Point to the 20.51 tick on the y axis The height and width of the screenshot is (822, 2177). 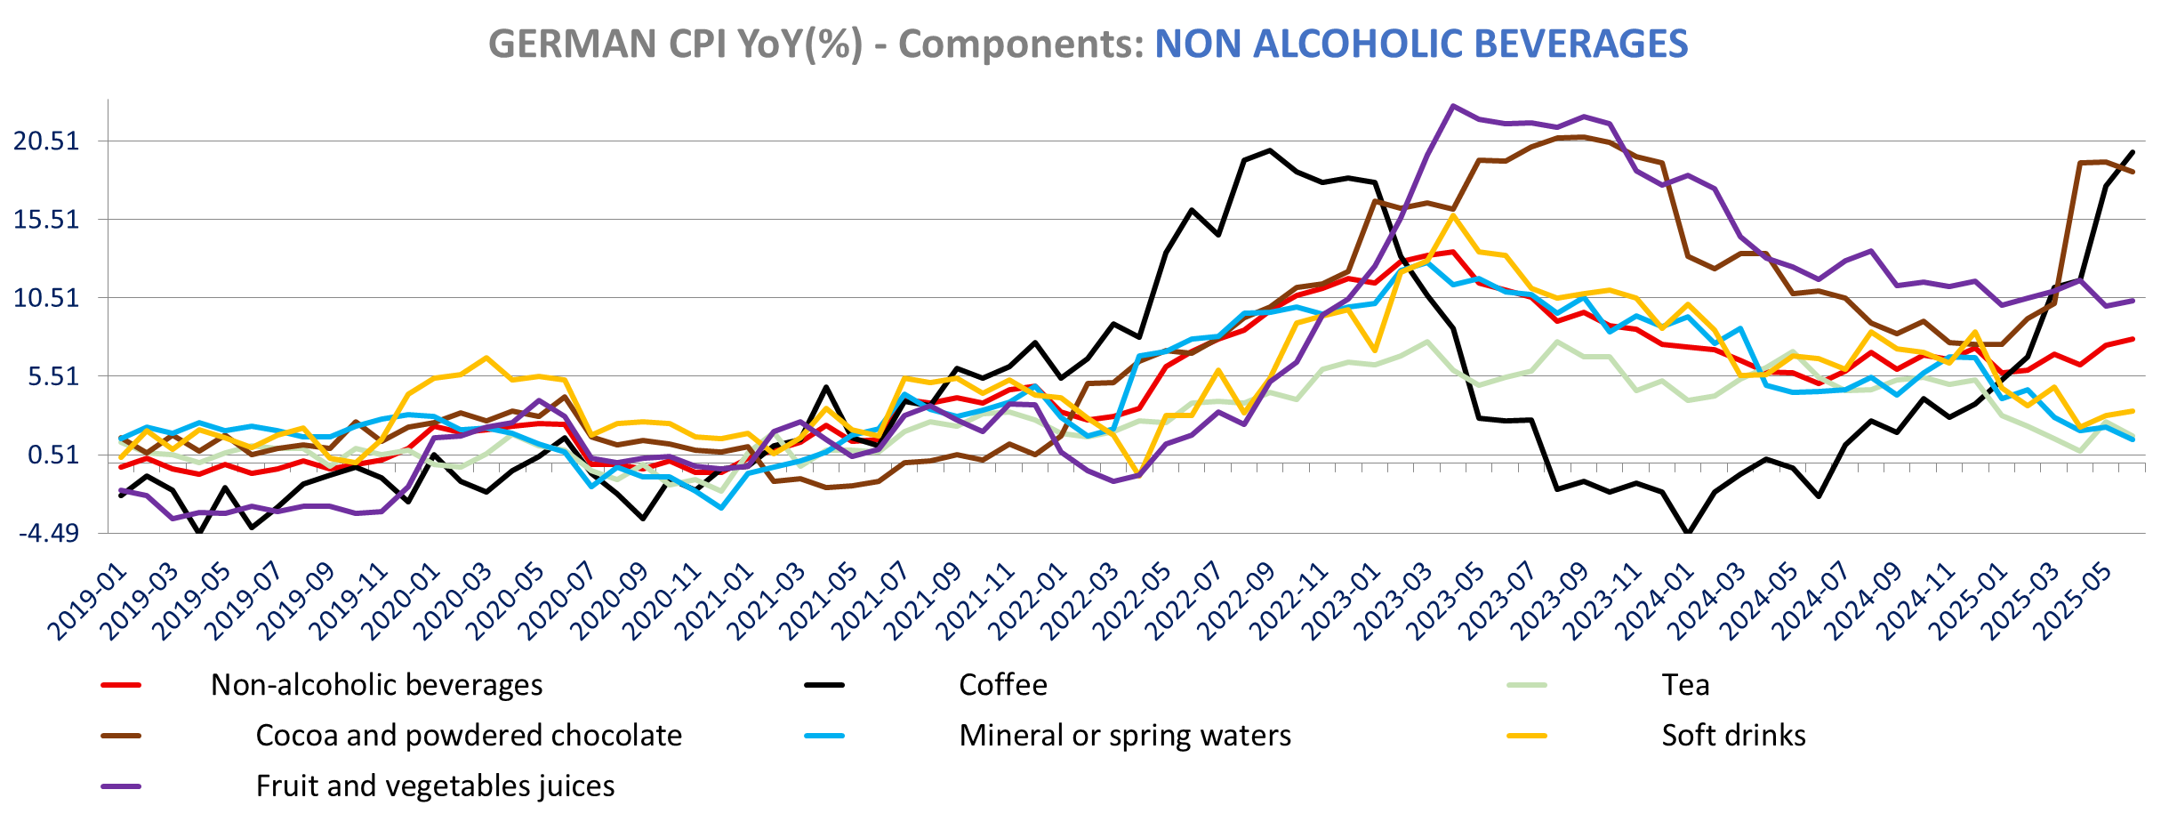[45, 141]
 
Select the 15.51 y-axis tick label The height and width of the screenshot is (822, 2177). [45, 219]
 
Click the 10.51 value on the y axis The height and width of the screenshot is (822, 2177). [45, 297]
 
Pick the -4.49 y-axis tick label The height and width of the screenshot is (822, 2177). [50, 533]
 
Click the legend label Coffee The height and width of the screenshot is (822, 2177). [1002, 685]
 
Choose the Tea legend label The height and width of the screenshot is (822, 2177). [1685, 685]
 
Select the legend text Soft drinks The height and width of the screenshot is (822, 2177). [1733, 736]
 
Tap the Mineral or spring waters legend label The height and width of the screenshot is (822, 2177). [1124, 736]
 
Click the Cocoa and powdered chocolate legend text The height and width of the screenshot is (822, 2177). [469, 736]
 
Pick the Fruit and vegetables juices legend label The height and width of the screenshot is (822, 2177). [435, 786]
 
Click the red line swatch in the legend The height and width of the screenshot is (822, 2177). [121, 685]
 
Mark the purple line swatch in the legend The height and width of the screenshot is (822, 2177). [121, 786]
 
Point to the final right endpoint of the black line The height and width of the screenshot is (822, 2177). [2133, 151]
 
